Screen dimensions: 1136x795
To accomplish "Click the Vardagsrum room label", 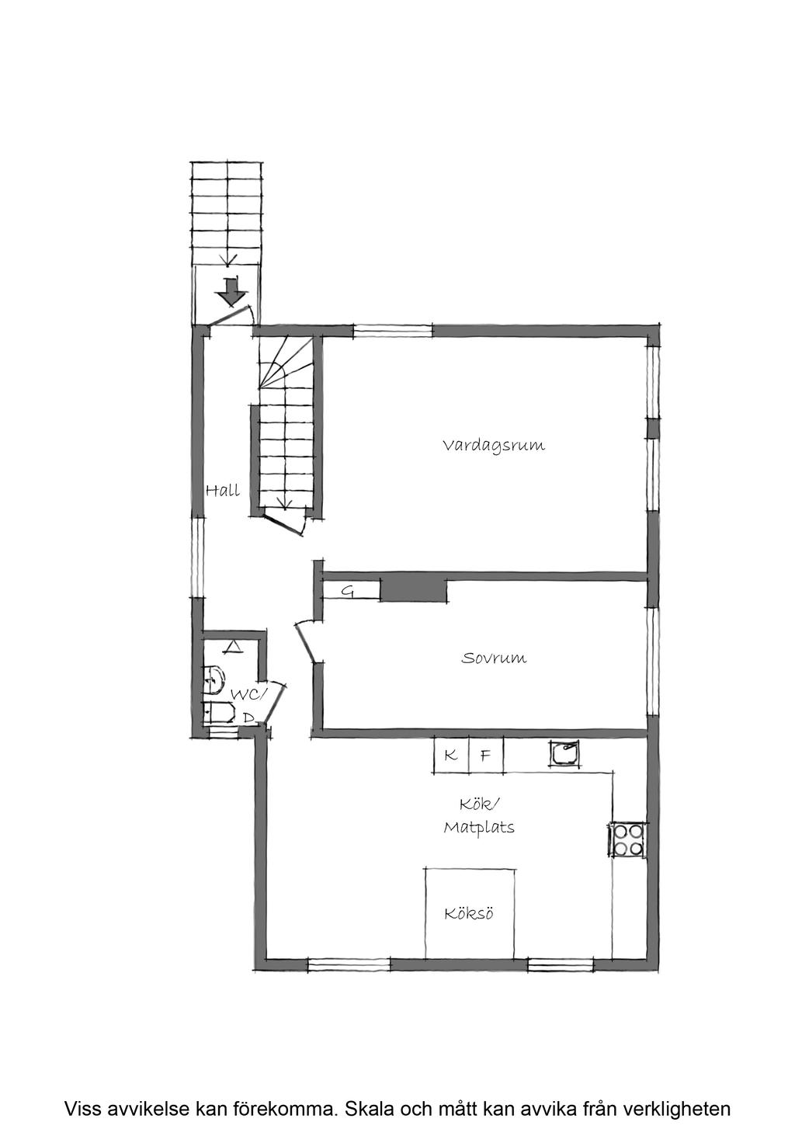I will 494,446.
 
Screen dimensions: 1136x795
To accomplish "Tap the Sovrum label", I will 494,658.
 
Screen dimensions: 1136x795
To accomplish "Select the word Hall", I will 222,491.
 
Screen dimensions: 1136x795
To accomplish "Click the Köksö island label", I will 469,914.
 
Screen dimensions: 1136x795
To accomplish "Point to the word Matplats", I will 479,828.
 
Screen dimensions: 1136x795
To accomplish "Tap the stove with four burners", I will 628,839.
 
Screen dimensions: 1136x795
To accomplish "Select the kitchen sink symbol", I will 564,753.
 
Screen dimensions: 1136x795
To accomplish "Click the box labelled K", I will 451,755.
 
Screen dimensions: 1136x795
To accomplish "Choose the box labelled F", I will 485,755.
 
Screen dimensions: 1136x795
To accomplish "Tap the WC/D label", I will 248,703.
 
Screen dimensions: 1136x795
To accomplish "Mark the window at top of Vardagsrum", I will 393,330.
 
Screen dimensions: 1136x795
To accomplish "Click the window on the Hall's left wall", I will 199,557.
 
